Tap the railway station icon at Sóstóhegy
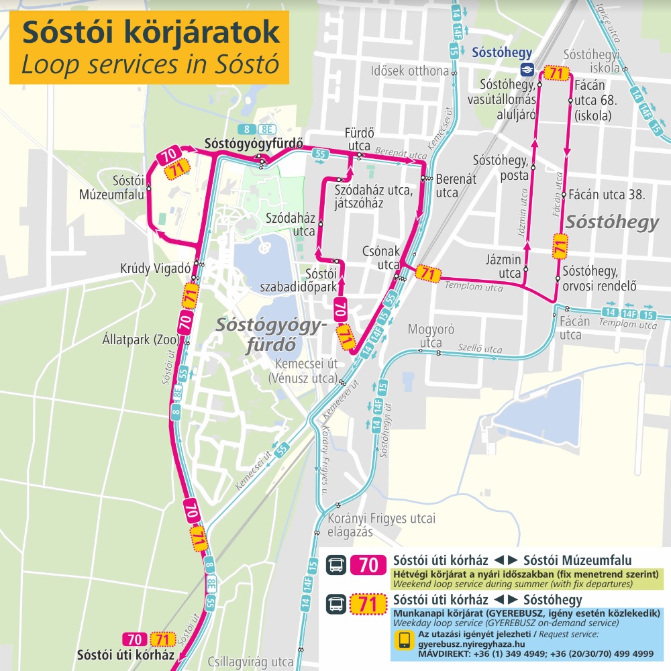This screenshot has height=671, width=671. [527, 68]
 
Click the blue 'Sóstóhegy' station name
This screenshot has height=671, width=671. [502, 53]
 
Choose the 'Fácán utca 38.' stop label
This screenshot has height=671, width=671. [607, 196]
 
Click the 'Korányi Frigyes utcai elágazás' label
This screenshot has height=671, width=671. [381, 525]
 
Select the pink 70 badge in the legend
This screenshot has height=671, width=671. [368, 566]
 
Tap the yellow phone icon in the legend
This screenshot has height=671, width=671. [404, 641]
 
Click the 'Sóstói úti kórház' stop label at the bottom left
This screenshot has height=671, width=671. [125, 654]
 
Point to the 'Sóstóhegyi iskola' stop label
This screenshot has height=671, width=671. [592, 62]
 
